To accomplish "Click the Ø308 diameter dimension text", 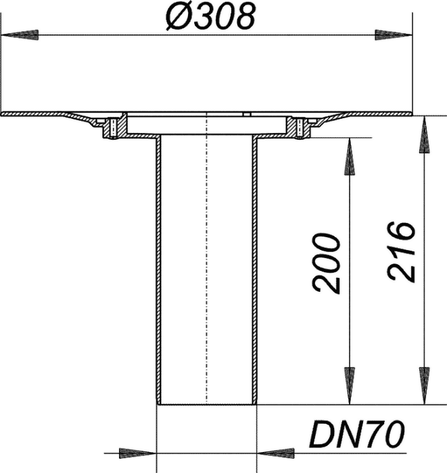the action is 211,17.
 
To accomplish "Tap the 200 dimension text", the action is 327,263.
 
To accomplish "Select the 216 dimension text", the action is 401,251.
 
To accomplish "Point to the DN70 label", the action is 357,434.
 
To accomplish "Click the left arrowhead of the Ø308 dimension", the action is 20,34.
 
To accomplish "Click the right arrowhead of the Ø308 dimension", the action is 394,34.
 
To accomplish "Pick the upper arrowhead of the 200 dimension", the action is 350,157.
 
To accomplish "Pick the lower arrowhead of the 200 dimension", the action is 350,386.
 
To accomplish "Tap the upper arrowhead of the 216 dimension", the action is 425,134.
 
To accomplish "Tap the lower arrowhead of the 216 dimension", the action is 425,386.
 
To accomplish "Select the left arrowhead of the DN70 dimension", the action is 138,453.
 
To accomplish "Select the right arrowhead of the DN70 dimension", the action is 275,453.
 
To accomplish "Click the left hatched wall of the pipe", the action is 159,270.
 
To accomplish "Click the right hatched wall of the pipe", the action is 255,270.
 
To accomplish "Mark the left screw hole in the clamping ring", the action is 113,128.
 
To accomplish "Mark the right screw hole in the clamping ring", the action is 300,128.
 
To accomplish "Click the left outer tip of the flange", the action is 1,114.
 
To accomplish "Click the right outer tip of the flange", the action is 412,114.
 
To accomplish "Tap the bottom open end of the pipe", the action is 207,404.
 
